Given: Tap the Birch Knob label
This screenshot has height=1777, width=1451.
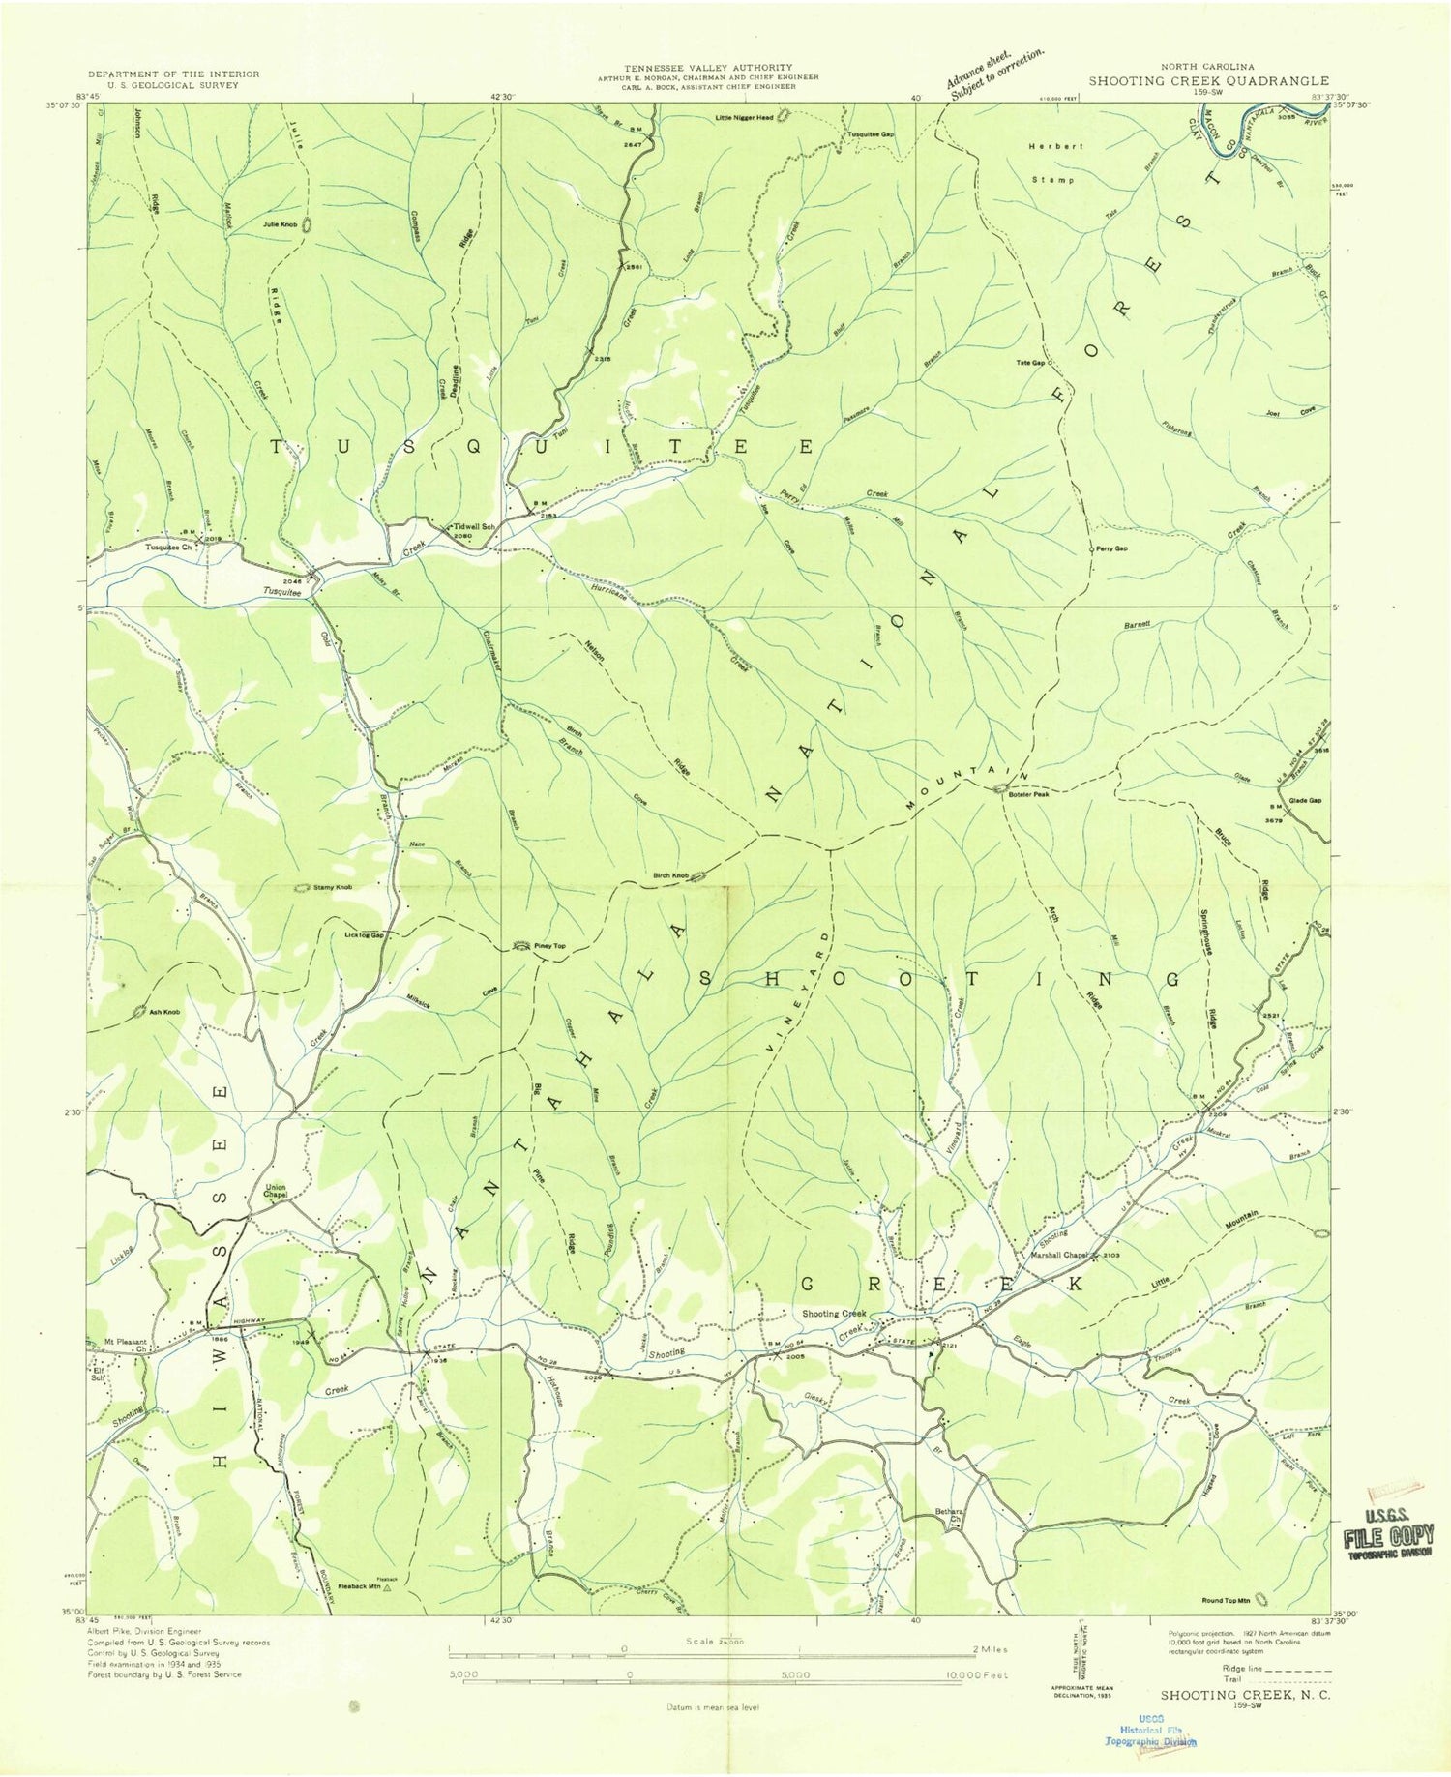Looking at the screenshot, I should (x=669, y=876).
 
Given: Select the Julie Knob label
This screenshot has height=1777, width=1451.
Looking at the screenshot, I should (x=280, y=224).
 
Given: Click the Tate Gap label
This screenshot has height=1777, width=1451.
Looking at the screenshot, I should (x=1029, y=363).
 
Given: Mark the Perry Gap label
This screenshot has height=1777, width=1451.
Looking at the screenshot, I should (x=1112, y=548).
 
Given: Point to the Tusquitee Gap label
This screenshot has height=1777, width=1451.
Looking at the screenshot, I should (x=871, y=134).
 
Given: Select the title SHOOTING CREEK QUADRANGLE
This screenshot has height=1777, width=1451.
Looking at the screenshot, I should (x=1208, y=81).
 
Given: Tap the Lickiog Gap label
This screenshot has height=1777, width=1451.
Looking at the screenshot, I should (x=364, y=935).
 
